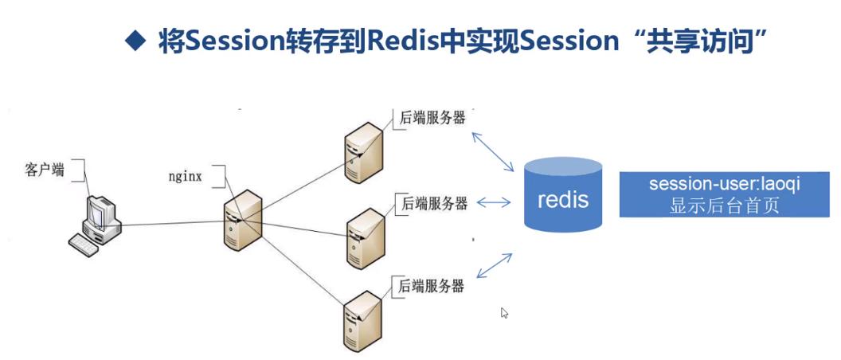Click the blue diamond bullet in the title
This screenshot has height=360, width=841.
click(x=137, y=40)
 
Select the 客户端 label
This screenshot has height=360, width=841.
click(x=45, y=169)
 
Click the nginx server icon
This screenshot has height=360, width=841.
click(x=243, y=221)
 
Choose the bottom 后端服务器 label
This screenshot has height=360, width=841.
click(x=431, y=285)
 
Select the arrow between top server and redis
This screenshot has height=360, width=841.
click(x=493, y=151)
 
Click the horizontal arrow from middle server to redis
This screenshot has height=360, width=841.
click(x=493, y=202)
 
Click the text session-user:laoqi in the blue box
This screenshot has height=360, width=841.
click(x=724, y=183)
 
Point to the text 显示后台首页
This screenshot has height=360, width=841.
click(x=724, y=205)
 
